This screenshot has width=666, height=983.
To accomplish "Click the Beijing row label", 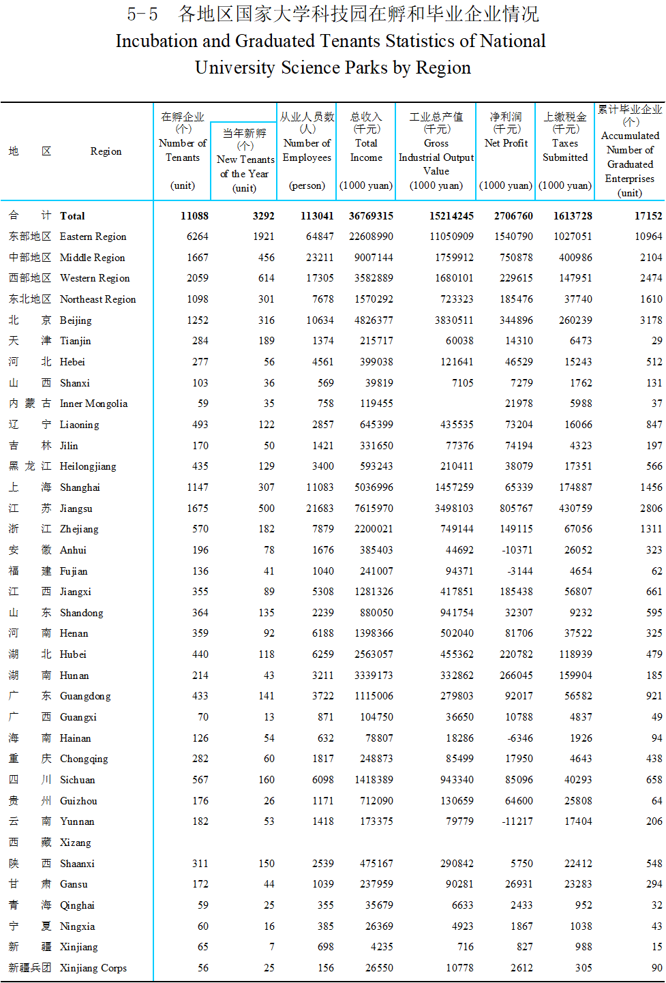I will (75, 320).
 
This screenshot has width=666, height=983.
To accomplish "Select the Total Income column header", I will (366, 150).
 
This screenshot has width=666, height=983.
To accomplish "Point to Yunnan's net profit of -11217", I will (517, 821).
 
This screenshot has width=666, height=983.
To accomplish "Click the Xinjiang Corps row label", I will (93, 968).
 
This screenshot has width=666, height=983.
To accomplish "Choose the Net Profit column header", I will (506, 143).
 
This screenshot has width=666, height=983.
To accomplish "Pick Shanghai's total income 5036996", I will (374, 487).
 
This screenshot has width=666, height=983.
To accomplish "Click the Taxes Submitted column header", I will (565, 150).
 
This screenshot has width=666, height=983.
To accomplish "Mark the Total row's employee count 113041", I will (317, 216).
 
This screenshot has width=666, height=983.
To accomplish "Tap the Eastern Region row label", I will (93, 237).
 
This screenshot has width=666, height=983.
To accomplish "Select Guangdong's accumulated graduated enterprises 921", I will (654, 696).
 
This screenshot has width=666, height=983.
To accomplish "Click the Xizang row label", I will (75, 843).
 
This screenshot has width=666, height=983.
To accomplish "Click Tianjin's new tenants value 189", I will (267, 341).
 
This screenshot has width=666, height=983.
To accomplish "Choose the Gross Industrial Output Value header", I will (436, 157).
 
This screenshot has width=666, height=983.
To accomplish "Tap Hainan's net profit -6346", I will (519, 738).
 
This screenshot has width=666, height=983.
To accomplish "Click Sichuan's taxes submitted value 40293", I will (578, 780).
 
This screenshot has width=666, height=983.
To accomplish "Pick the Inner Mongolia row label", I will (93, 404).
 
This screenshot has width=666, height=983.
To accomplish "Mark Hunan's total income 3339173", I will (374, 676).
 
